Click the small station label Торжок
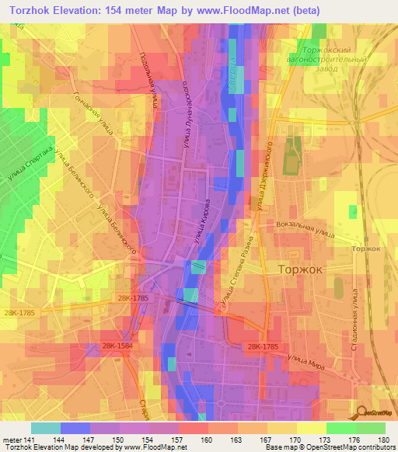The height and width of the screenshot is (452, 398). (x=366, y=249)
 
